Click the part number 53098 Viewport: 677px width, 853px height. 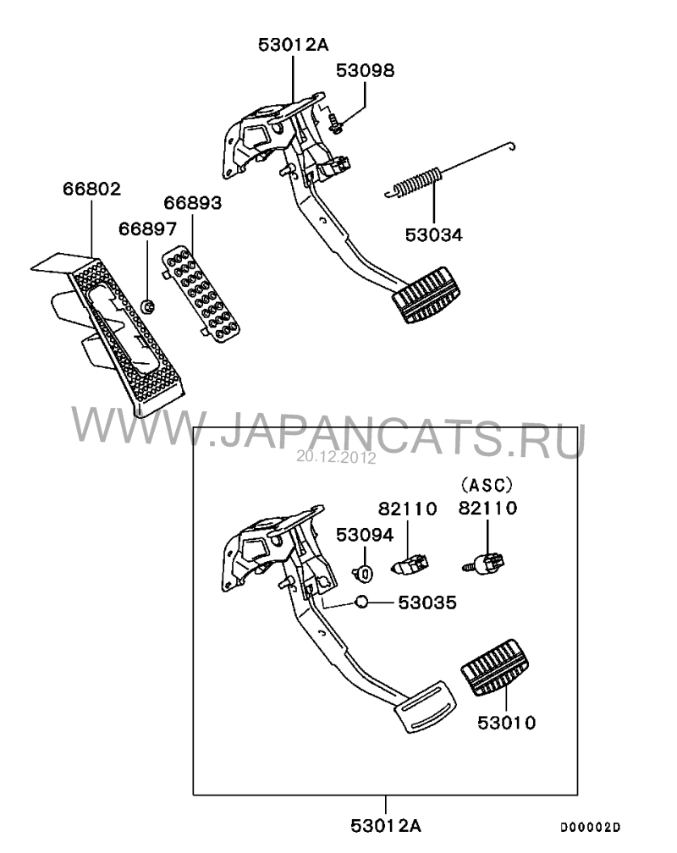click(x=365, y=71)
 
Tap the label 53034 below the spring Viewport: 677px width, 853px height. click(x=434, y=235)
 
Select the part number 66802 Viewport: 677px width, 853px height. click(x=91, y=189)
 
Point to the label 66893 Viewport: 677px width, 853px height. click(x=193, y=203)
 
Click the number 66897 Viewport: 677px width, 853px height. click(x=147, y=229)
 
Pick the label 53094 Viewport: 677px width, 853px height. click(x=365, y=535)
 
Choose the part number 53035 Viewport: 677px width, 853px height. click(x=427, y=603)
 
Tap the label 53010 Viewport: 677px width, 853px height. click(x=507, y=723)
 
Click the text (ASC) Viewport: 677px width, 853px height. click(x=487, y=484)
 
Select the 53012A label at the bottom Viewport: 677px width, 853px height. click(x=386, y=826)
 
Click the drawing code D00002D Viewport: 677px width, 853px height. click(x=591, y=828)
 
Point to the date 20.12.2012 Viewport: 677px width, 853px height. click(x=336, y=458)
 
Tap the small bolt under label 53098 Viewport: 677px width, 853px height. click(x=335, y=124)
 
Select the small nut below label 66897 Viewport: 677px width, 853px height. click(x=147, y=307)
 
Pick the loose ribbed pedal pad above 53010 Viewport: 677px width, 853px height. click(x=495, y=668)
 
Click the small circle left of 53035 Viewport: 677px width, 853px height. click(x=361, y=603)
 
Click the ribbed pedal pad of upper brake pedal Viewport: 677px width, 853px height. click(x=427, y=295)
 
